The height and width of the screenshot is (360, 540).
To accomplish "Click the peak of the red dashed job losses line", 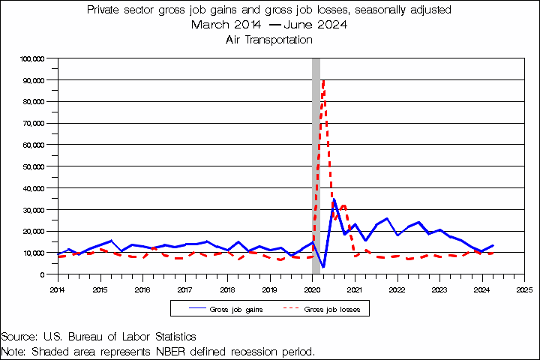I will click(323, 79).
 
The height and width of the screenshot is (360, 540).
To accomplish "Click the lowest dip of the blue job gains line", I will click(323, 267).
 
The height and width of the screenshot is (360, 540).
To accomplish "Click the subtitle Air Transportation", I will click(268, 40).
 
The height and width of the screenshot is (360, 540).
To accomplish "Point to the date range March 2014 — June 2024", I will click(268, 25).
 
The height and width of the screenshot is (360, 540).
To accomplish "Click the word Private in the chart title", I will click(105, 10).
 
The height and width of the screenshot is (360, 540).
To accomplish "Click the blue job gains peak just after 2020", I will click(334, 199).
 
